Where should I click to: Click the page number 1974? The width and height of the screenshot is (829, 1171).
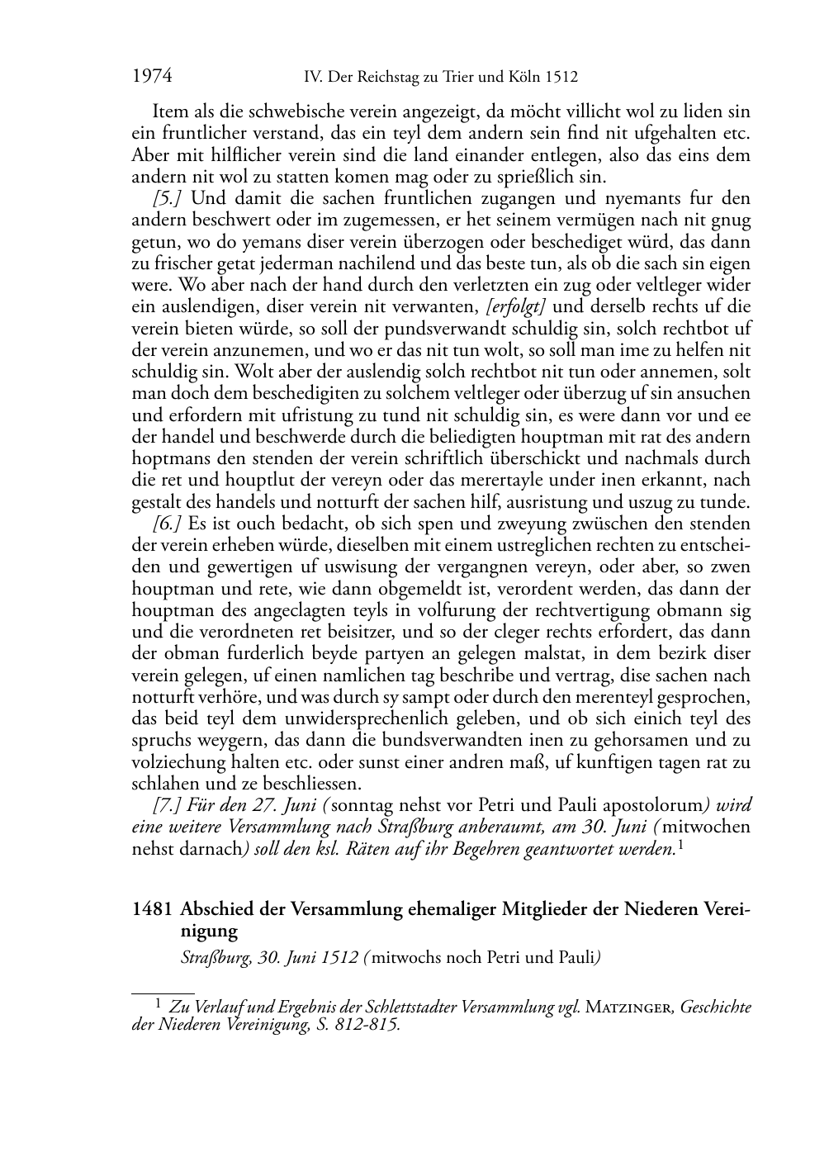[152, 77]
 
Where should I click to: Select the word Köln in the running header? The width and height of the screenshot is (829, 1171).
[524, 78]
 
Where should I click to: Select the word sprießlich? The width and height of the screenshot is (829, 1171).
[538, 177]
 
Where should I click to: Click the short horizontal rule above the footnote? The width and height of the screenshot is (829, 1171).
[163, 986]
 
